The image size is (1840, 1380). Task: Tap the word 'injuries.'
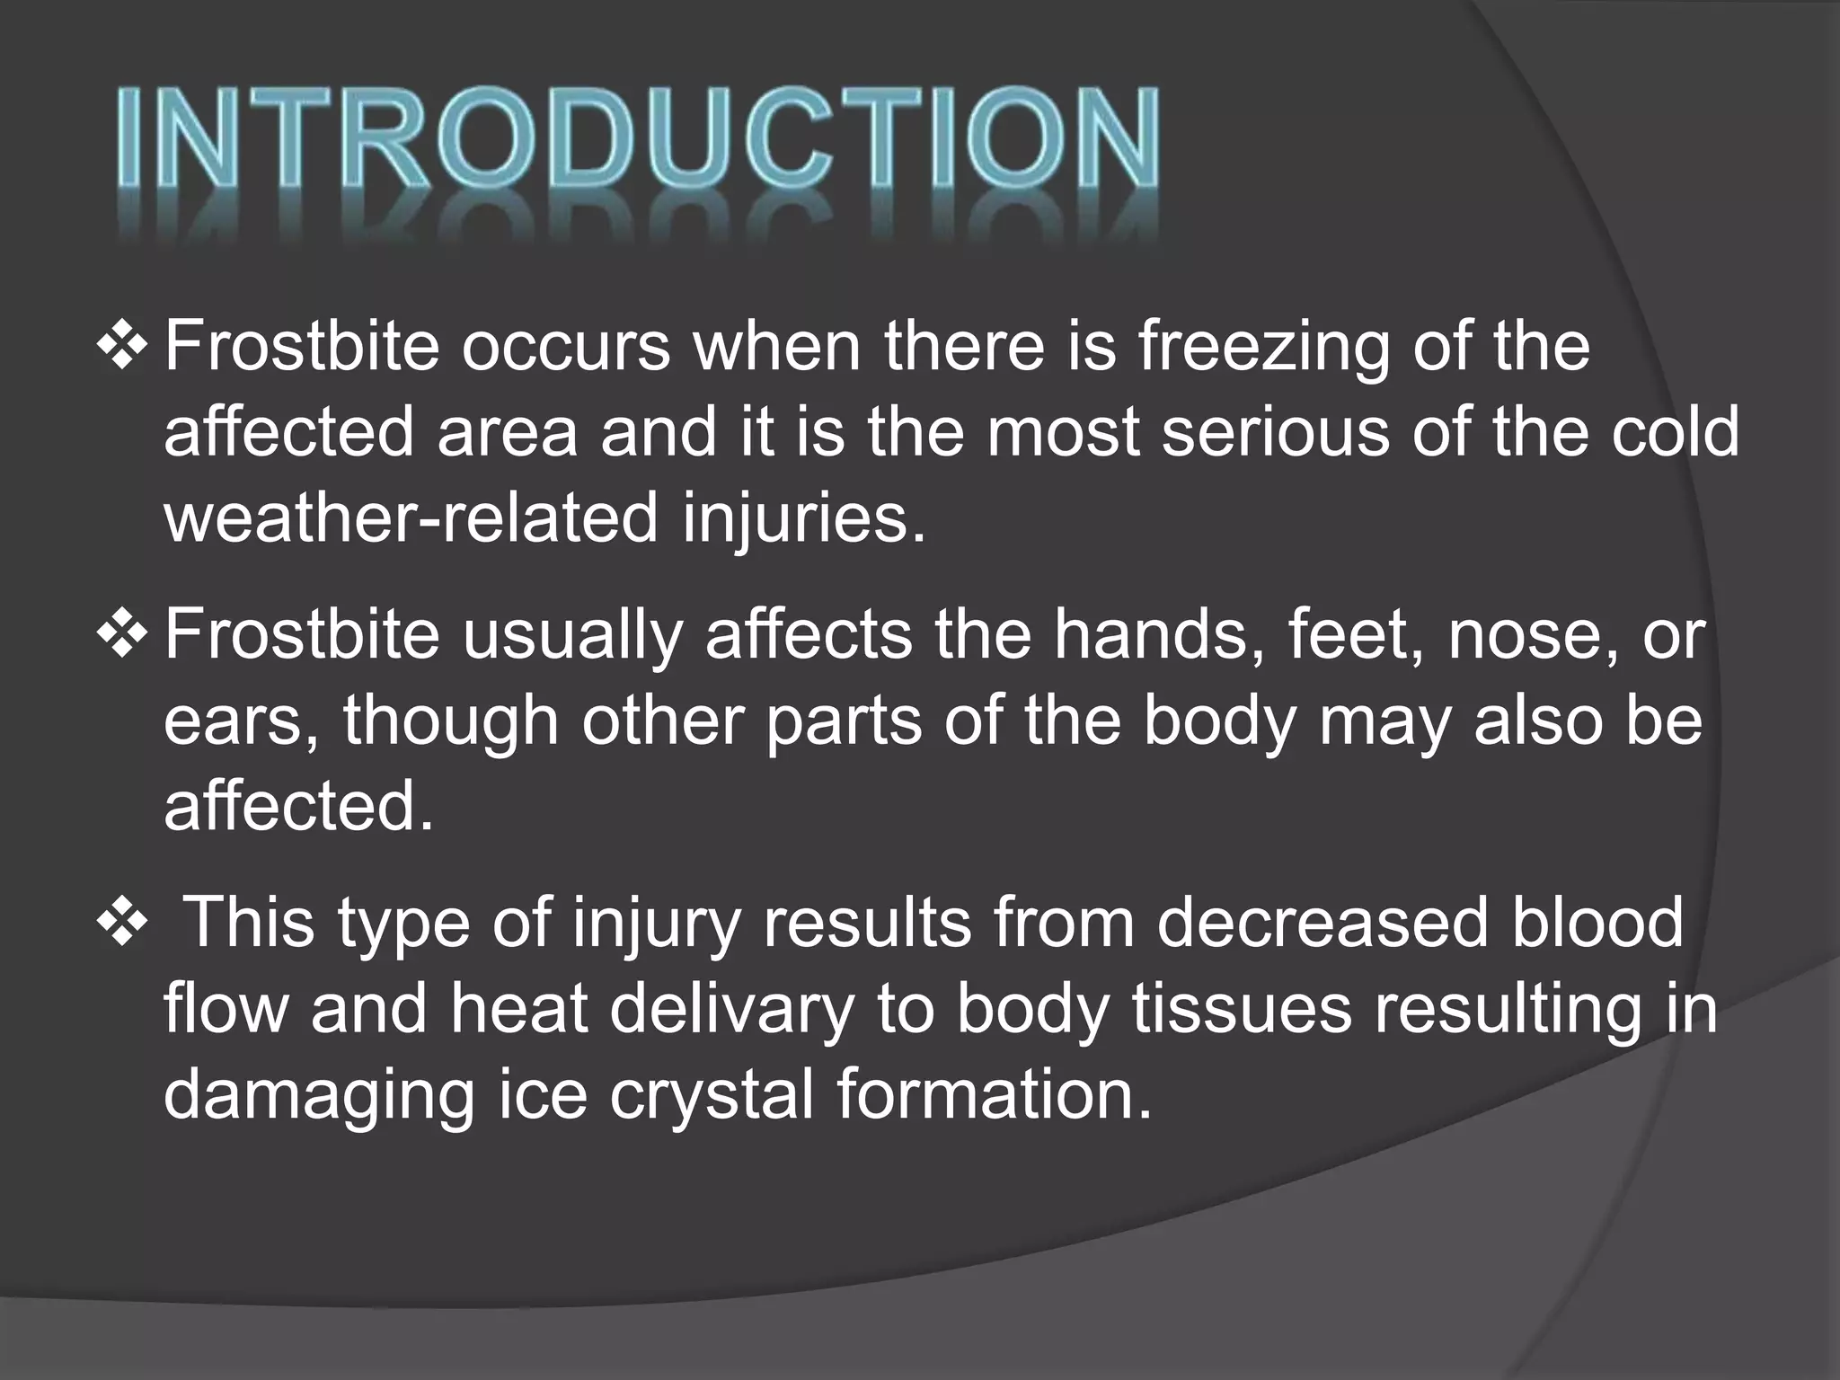pyautogui.click(x=804, y=519)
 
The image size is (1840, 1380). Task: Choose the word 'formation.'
pyautogui.click(x=994, y=1096)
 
